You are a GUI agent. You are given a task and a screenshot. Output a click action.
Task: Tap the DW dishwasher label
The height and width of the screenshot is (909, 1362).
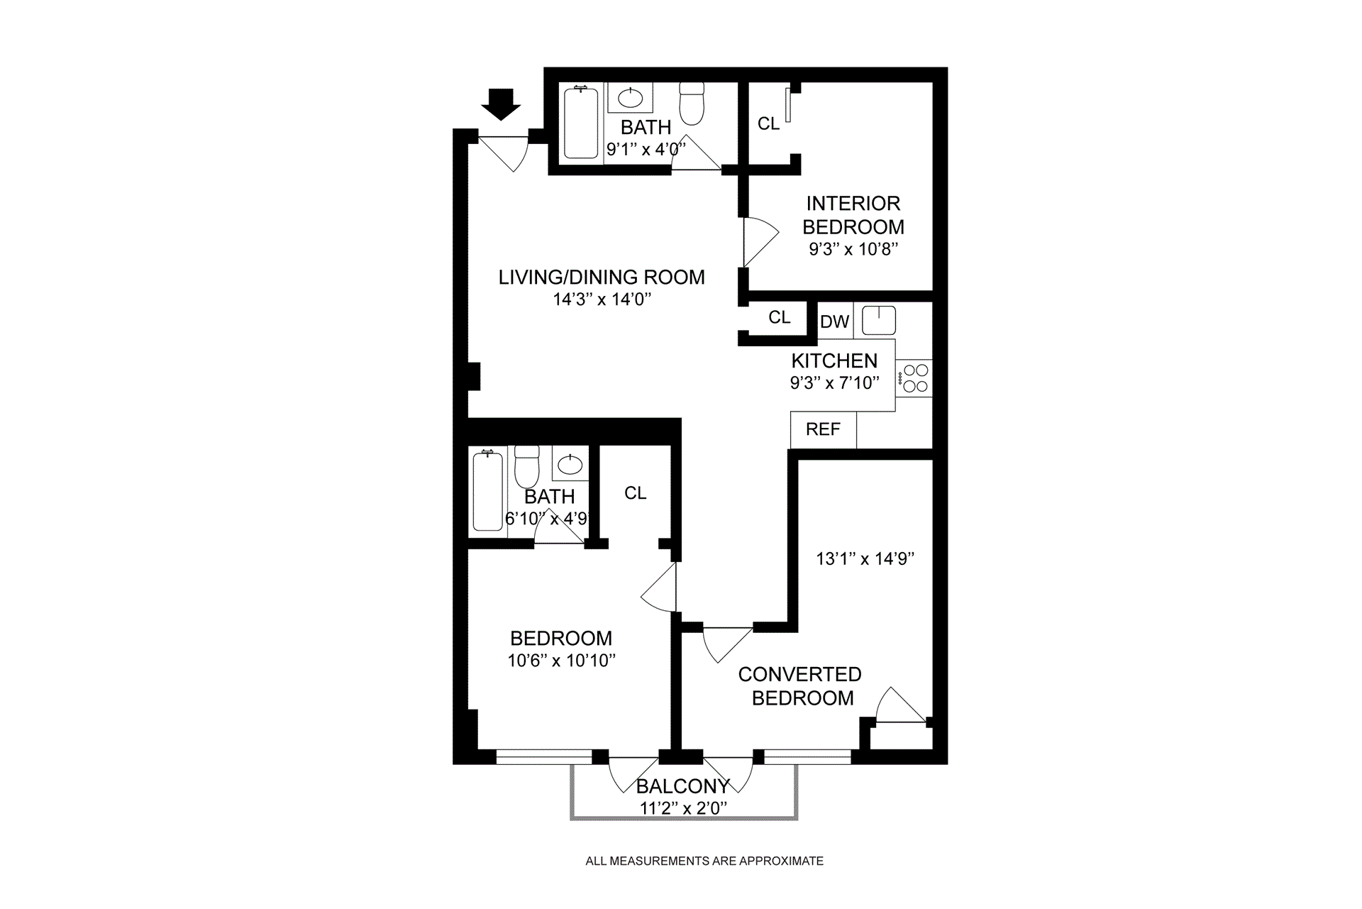tap(834, 321)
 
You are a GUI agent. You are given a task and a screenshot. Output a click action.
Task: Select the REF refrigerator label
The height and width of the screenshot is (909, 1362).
tap(823, 429)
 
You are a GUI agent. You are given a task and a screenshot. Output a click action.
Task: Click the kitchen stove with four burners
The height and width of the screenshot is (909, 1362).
tap(915, 378)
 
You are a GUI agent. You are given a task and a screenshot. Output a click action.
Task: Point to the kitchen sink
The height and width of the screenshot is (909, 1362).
tap(879, 320)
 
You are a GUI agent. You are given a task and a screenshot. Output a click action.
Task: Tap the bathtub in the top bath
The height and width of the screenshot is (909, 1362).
tap(581, 122)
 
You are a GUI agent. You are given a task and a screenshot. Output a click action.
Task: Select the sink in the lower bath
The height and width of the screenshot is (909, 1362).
tap(570, 465)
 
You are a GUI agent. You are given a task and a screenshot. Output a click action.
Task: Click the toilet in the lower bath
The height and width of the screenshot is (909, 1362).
tap(527, 467)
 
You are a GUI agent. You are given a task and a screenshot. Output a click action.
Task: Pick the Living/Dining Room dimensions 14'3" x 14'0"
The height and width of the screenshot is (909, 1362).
tap(602, 299)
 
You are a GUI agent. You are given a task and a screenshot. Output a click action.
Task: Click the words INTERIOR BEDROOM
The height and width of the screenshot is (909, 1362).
tap(853, 215)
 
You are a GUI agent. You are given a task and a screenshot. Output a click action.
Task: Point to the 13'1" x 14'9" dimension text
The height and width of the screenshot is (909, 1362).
tap(865, 559)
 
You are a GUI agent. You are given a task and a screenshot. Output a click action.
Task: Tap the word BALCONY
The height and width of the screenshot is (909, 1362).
tap(682, 786)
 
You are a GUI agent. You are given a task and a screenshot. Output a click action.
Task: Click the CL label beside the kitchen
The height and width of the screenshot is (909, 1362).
tap(779, 318)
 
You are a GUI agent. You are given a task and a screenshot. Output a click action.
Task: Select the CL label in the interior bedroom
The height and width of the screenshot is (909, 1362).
tap(768, 124)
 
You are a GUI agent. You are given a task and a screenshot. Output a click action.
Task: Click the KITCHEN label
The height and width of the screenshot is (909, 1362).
tap(834, 360)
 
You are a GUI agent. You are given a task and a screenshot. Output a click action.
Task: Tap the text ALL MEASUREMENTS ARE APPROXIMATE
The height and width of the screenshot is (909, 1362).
tap(704, 861)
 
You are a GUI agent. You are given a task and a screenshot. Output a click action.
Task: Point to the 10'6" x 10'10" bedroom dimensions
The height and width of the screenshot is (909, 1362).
tap(561, 661)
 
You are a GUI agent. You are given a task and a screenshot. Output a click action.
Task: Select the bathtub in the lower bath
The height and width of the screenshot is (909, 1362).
tap(487, 491)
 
